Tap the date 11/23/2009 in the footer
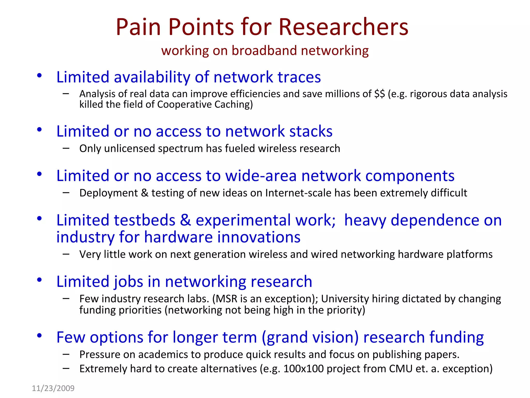(x=53, y=388)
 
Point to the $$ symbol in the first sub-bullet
(x=379, y=94)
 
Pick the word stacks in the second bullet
(x=311, y=131)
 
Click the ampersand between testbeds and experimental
(x=185, y=220)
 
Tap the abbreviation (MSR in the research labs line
(x=225, y=299)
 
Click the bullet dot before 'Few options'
(x=39, y=336)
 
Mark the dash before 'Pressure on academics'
(x=66, y=354)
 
